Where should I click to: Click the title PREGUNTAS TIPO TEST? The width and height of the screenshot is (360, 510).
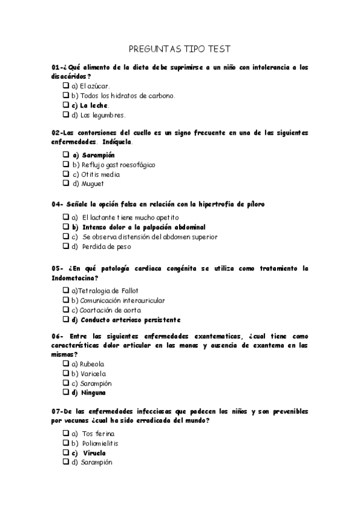pos(180,49)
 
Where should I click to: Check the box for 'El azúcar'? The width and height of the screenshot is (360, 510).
pos(66,86)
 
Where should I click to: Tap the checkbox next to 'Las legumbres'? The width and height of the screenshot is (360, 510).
pos(66,115)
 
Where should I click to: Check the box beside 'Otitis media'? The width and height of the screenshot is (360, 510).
pos(66,174)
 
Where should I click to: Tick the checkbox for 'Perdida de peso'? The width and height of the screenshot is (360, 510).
pos(66,247)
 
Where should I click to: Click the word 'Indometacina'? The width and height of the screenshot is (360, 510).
pos(75,278)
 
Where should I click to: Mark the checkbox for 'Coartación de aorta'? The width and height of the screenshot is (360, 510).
pos(66,310)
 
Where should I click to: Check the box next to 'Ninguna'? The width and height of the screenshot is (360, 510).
pos(66,393)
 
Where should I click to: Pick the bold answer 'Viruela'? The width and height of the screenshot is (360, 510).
pos(93,453)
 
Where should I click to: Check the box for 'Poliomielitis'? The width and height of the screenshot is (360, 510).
pos(66,443)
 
